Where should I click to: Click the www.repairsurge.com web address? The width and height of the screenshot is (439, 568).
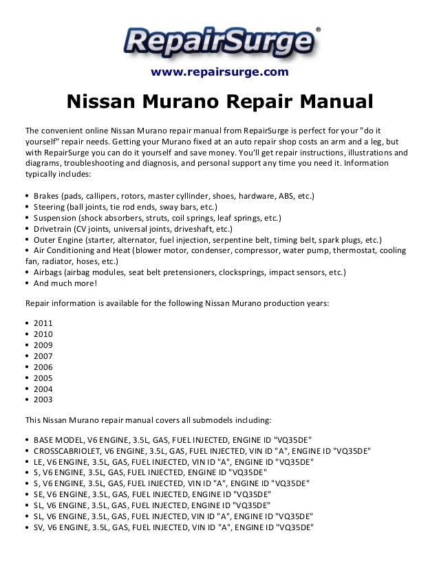[x=219, y=72]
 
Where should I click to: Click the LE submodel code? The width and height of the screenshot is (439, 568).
[x=37, y=461]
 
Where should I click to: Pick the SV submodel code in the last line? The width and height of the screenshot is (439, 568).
[x=37, y=527]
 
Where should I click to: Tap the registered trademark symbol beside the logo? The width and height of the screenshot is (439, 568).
[x=317, y=30]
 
